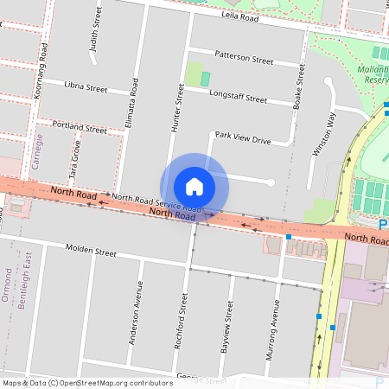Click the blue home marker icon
click(194, 186)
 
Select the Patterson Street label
click(244, 59)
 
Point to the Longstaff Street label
click(238, 98)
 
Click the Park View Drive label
click(243, 137)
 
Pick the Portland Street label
click(79, 128)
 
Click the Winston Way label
click(324, 133)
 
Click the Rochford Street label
click(182, 320)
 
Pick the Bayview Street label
click(229, 322)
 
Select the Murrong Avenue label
click(276, 324)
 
